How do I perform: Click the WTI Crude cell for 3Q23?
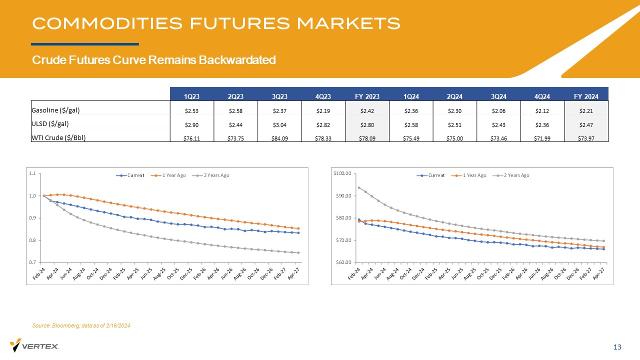[x=279, y=138]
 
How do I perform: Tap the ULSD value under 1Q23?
[x=191, y=124]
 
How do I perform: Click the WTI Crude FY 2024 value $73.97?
[x=586, y=138]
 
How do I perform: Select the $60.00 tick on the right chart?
[x=344, y=262]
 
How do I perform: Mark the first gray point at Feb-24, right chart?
[x=359, y=188]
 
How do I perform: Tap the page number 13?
[x=617, y=347]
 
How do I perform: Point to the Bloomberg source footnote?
[x=81, y=326]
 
